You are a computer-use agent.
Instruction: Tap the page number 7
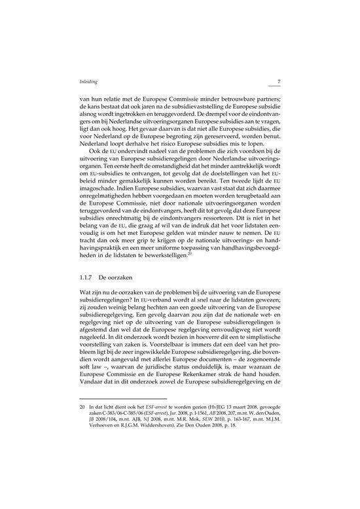tap(279, 82)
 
